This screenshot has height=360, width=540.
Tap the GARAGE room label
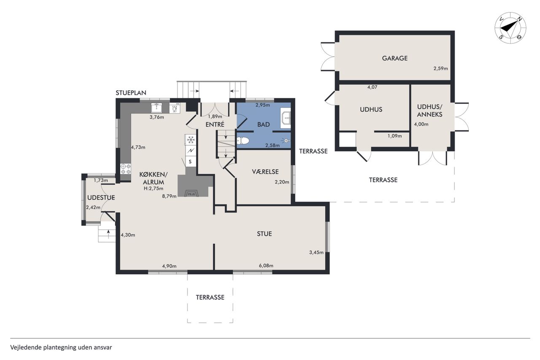394,58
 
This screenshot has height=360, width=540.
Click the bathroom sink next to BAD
286,118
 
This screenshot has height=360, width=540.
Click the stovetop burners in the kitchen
126,168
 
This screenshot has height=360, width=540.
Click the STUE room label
264,234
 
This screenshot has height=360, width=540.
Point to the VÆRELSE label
265,172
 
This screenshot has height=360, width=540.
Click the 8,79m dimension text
169,196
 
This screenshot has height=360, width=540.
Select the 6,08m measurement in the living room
266,265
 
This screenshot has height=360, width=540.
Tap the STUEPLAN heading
131,93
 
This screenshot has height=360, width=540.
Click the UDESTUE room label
101,198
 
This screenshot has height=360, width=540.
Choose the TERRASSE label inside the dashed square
210,297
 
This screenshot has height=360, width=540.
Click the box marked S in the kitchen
190,161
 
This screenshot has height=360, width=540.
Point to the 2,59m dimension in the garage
441,68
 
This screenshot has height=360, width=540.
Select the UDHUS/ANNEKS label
429,111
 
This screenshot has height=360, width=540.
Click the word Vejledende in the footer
26,347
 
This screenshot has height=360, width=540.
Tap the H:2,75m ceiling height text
153,189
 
